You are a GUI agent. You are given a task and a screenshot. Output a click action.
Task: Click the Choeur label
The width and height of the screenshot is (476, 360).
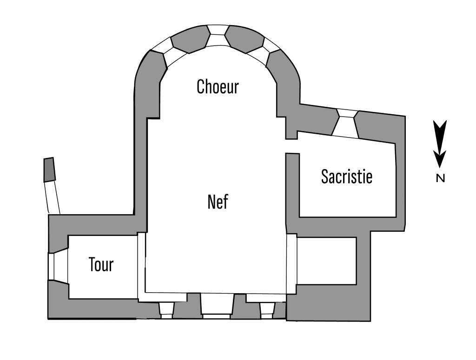tap(218, 86)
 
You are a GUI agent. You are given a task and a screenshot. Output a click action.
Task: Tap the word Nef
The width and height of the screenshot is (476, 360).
tap(218, 202)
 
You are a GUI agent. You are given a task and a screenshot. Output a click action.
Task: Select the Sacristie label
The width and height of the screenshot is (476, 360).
tap(347, 177)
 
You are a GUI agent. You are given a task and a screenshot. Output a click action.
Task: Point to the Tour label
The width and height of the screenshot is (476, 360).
tap(101, 265)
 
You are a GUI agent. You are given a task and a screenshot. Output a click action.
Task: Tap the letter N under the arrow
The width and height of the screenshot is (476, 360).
tap(440, 178)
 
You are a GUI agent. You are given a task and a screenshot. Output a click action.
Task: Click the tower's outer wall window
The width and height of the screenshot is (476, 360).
tap(58, 267)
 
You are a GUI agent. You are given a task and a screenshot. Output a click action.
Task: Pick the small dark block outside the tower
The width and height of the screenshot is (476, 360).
tap(49, 170)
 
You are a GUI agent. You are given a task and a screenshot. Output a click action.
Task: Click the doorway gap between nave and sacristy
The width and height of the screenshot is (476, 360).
tap(291, 147)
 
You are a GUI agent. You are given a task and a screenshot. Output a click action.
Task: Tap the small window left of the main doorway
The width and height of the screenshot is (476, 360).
tap(166, 309)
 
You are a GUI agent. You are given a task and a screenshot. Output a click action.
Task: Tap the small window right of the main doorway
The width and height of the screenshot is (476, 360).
tap(266, 309)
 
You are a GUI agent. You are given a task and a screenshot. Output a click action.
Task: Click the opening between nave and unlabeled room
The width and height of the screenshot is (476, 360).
tap(291, 263)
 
